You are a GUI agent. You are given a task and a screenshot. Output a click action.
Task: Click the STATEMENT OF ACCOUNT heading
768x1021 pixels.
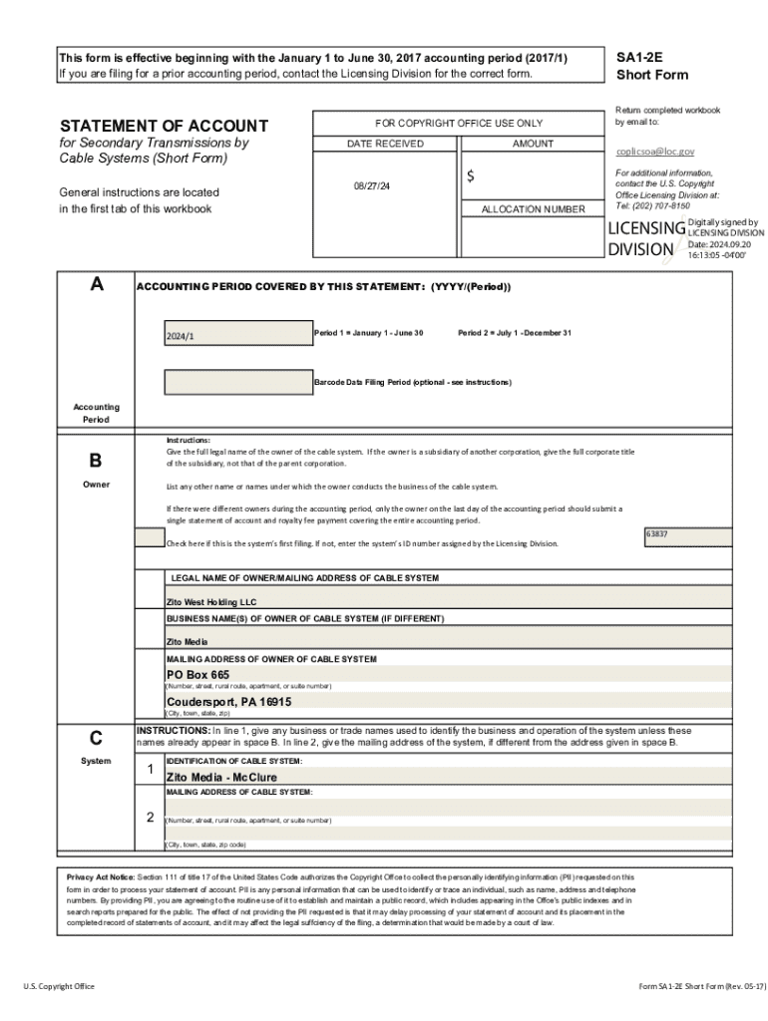click(x=164, y=126)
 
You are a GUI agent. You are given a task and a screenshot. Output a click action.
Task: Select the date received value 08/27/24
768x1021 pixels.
click(x=370, y=186)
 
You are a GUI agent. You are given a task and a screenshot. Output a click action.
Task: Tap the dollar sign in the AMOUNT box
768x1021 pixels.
click(x=471, y=176)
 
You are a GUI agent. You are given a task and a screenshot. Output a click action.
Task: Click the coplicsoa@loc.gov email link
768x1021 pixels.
click(x=655, y=152)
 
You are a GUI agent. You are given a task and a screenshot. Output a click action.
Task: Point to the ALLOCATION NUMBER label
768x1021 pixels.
click(x=533, y=209)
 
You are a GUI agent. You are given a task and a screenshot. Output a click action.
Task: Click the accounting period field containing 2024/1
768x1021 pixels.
click(x=237, y=333)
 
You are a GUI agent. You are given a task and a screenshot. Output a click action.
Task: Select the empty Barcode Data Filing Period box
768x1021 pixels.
click(x=237, y=382)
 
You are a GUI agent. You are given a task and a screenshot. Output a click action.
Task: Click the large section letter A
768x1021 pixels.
click(x=96, y=285)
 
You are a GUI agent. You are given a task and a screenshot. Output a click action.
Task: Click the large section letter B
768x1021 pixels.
click(x=96, y=461)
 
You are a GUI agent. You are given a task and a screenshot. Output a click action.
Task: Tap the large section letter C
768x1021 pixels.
click(x=96, y=739)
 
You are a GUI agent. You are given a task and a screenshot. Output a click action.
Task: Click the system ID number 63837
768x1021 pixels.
click(x=657, y=534)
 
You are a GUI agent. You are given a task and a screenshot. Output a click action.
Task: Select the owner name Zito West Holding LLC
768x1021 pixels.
click(x=211, y=602)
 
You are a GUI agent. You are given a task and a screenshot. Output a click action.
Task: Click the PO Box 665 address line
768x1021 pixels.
click(x=197, y=675)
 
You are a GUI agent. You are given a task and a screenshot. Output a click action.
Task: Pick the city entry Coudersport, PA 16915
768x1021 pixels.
click(x=228, y=701)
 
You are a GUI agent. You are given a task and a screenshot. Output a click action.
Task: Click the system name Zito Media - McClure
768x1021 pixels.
click(x=221, y=777)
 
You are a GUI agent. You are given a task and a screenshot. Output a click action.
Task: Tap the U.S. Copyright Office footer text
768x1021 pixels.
click(x=59, y=986)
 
